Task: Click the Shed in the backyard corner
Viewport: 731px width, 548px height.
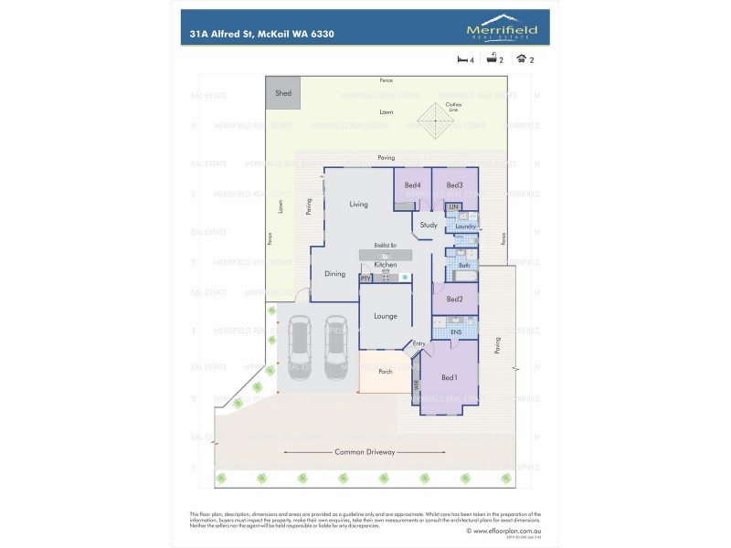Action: (283, 93)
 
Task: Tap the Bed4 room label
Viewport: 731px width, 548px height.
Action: (412, 185)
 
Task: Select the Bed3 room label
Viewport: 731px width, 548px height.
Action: (455, 185)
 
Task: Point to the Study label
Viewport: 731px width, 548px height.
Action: (429, 225)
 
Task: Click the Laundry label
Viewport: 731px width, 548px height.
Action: (465, 227)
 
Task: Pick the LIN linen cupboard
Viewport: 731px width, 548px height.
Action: (452, 208)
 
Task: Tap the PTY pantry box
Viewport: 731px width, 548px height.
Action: (365, 278)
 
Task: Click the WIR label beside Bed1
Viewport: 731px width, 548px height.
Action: (417, 387)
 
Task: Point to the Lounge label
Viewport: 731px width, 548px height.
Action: (385, 316)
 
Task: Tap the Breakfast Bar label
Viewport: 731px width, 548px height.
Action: (385, 246)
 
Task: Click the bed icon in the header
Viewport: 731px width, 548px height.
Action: (462, 59)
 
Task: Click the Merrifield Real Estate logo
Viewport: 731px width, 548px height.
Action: (503, 28)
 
